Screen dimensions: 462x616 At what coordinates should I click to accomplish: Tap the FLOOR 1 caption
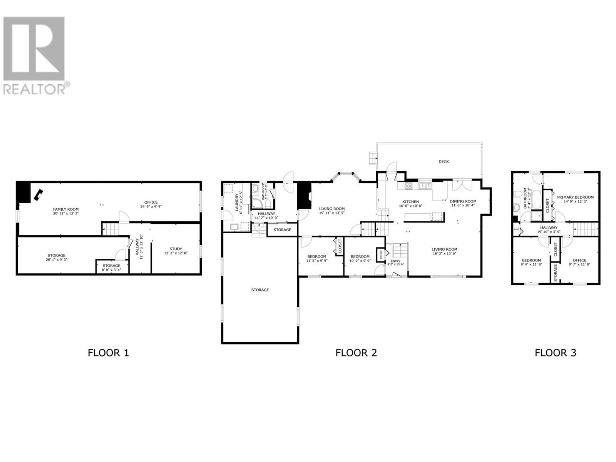point(108,353)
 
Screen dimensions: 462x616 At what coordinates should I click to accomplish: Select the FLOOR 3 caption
point(555,353)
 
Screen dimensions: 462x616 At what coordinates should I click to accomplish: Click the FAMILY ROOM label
point(66,209)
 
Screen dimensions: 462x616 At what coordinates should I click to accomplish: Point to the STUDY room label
point(176,249)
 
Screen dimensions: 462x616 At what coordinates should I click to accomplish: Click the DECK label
point(444,162)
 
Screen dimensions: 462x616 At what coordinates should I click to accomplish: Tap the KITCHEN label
point(410,202)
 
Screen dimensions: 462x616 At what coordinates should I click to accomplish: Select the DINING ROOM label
point(463,201)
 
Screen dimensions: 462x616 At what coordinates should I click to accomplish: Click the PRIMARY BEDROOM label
point(575,197)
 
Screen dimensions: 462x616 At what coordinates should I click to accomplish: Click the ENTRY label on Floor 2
point(395,261)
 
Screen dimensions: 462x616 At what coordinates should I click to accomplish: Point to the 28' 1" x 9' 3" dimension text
point(57,260)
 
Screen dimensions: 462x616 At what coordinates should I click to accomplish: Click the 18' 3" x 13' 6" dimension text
point(444,254)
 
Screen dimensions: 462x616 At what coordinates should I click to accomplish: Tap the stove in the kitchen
point(408,186)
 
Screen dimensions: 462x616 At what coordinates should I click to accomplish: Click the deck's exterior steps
point(373,158)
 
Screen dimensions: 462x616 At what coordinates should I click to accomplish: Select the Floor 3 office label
point(579,260)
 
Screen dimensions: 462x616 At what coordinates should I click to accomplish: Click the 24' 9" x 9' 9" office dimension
point(151,206)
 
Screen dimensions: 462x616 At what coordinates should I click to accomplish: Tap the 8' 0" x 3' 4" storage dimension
point(111,270)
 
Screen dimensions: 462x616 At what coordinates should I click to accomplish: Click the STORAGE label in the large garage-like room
point(260,290)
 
